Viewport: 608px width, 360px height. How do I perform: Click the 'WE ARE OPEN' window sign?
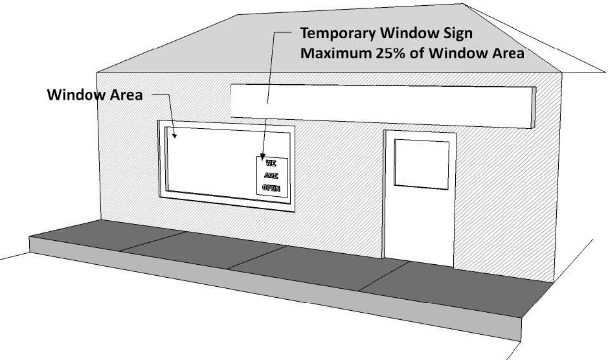coord(272,175)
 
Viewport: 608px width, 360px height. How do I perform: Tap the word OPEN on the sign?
coord(271,188)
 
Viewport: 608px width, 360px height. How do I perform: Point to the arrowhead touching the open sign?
coord(262,156)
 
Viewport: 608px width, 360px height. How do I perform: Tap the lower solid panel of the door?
coord(420,227)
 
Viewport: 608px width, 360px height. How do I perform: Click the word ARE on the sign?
coord(271,175)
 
